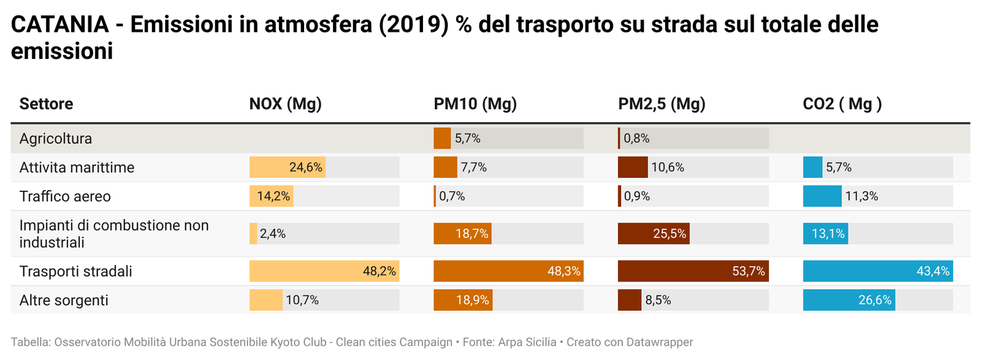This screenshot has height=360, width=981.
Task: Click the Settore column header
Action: coord(46,104)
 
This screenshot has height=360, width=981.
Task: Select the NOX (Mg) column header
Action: coord(285,104)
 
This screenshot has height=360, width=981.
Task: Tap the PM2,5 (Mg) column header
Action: coord(662,104)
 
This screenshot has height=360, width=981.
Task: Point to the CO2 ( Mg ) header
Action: coord(842,104)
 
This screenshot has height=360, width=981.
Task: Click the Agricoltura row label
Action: coord(56,139)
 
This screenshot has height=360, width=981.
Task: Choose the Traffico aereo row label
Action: coord(65,196)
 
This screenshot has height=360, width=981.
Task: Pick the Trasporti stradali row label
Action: coord(76,271)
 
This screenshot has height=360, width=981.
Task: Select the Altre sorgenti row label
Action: coord(64,300)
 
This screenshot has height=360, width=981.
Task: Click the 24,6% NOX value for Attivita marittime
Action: coord(305,167)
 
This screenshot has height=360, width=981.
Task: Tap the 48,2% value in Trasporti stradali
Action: coord(379,271)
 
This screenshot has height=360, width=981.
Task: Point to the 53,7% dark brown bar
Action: coord(693,271)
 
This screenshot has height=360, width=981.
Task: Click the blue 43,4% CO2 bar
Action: coord(877,271)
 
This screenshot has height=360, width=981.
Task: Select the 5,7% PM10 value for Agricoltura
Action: coord(467,139)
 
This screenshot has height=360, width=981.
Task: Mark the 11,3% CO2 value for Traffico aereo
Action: coord(861,196)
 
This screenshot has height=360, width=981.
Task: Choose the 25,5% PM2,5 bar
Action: coord(654,234)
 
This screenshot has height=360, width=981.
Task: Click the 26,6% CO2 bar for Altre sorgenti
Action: coord(849,300)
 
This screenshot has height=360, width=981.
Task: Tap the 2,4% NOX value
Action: coord(273,234)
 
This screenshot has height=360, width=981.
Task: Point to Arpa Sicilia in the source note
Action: coord(527,342)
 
